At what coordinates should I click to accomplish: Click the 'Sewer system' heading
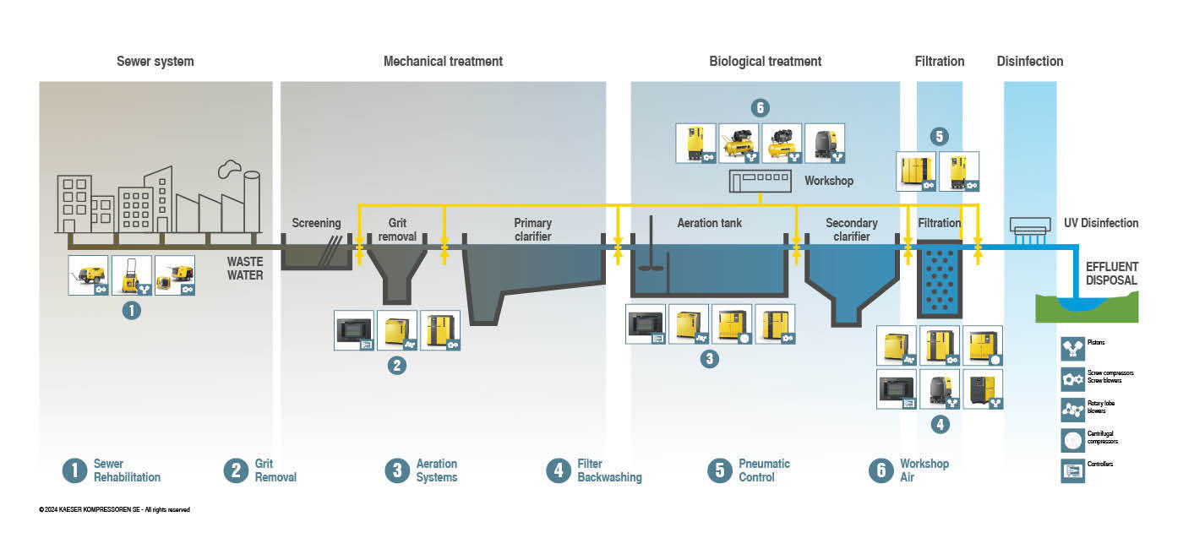(x=155, y=62)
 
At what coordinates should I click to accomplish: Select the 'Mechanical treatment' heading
(x=443, y=62)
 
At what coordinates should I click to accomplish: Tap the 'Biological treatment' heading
(x=765, y=62)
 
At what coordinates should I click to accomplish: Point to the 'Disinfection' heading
(x=1029, y=62)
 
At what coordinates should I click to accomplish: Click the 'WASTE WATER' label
(x=244, y=269)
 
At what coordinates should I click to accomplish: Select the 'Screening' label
(x=316, y=224)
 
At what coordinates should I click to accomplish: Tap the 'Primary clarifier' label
(x=532, y=230)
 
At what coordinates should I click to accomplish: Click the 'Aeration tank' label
(x=710, y=224)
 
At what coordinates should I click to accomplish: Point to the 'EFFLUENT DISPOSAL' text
(x=1111, y=274)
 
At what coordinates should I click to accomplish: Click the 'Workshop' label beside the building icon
(x=828, y=181)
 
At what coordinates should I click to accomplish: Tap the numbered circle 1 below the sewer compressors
(x=131, y=310)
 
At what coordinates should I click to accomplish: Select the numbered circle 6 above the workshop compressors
(x=760, y=108)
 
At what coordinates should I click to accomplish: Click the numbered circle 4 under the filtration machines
(x=940, y=424)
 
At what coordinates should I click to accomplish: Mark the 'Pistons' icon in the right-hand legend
(x=1072, y=348)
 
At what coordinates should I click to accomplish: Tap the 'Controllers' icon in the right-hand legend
(x=1072, y=470)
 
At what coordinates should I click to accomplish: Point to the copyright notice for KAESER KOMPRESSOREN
(x=114, y=509)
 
